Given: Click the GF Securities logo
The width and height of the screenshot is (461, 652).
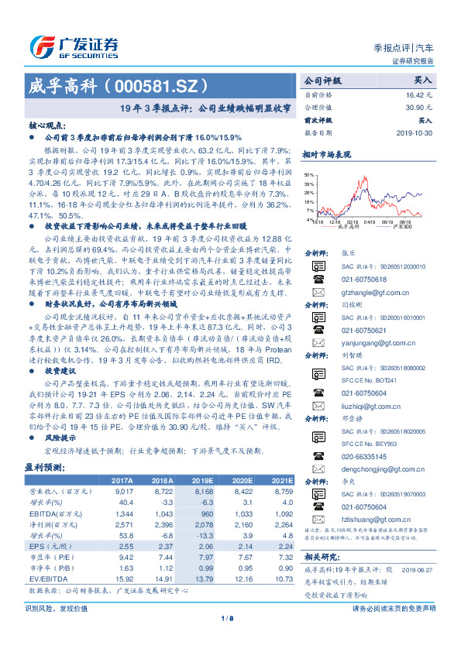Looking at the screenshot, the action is click(x=74, y=44).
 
